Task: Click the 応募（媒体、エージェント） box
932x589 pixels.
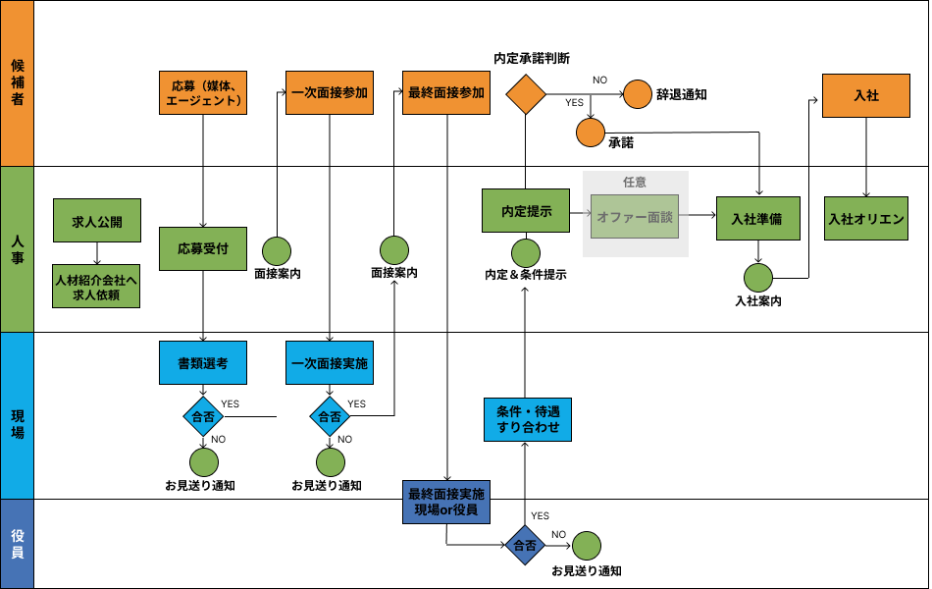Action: tap(203, 93)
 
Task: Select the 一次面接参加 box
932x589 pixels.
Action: tap(330, 93)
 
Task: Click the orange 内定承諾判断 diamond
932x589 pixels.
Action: tap(526, 94)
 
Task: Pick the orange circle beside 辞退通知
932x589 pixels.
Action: tap(638, 94)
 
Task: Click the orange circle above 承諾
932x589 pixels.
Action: tap(591, 132)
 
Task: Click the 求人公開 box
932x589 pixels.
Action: tap(97, 221)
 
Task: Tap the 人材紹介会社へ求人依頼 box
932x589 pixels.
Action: tap(97, 287)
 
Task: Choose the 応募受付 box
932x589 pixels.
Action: tap(203, 248)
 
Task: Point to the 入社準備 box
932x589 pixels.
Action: tap(757, 218)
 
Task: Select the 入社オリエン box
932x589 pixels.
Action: tap(866, 218)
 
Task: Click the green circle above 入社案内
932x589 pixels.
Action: tap(757, 277)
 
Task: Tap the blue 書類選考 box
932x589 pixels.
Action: tap(203, 362)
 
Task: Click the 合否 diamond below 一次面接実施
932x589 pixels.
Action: tap(330, 416)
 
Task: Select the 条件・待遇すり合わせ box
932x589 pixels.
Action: tap(527, 419)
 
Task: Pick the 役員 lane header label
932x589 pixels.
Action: tap(17, 544)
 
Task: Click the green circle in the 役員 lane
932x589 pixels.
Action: tap(587, 546)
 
